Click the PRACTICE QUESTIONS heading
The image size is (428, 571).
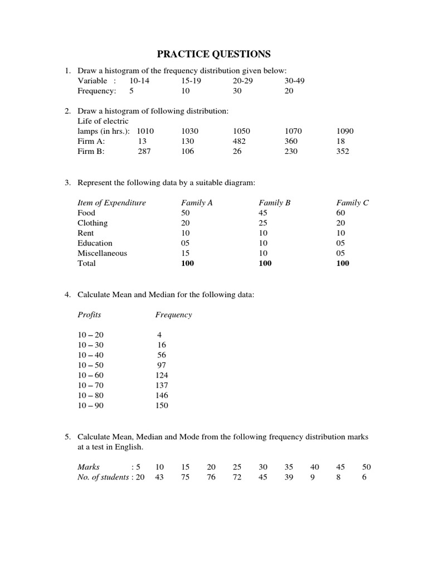point(213,54)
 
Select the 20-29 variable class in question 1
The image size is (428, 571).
point(242,81)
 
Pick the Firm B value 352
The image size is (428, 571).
point(343,151)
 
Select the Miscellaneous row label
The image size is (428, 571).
point(102,253)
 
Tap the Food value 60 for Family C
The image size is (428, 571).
point(341,213)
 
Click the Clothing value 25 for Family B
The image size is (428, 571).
point(263,223)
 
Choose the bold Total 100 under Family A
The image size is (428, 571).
point(188,263)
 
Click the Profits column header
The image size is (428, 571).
point(89,314)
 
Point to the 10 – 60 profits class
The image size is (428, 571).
point(90,375)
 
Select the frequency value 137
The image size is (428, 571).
point(162,385)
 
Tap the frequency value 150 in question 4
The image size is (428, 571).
point(162,405)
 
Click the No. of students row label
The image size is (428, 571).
point(103,477)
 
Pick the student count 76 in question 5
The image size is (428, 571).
point(211,477)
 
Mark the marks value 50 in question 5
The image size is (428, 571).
point(366,467)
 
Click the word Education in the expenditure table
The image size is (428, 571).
point(95,243)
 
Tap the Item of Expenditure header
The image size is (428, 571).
point(111,203)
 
